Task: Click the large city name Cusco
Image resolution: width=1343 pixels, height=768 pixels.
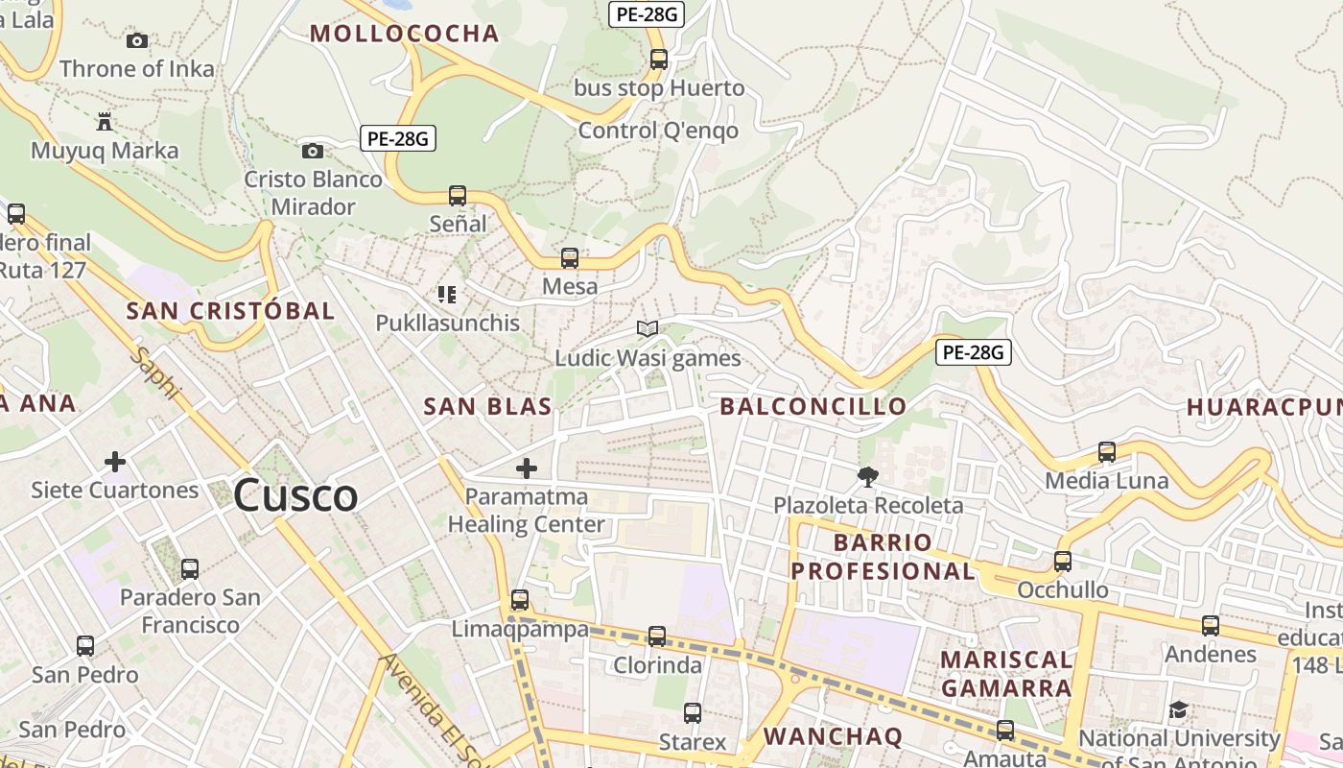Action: [295, 495]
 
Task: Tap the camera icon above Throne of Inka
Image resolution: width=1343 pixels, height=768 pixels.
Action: [137, 40]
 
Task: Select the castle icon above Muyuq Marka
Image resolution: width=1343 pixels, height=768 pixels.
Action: [105, 122]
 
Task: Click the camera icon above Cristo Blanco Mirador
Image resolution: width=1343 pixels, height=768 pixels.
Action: [312, 151]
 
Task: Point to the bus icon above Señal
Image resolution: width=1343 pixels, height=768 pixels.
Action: [458, 196]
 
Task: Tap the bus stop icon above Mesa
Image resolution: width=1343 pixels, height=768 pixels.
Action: [570, 258]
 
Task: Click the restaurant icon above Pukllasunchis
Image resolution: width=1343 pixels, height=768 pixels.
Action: [447, 294]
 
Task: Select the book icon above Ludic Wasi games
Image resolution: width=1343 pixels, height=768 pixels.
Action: [648, 329]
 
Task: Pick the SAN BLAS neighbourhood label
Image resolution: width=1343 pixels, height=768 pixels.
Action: [487, 406]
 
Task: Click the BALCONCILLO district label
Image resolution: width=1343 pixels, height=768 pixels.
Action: [813, 406]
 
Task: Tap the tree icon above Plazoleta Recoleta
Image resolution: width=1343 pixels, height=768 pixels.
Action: [867, 476]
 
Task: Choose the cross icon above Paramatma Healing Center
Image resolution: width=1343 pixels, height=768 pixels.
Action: [527, 468]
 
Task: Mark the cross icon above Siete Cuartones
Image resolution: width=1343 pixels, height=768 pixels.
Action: [115, 462]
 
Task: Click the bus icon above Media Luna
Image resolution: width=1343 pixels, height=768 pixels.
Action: [1107, 452]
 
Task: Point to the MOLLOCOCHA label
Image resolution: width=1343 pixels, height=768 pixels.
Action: [404, 34]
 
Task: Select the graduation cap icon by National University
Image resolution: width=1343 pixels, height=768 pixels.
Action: [1178, 710]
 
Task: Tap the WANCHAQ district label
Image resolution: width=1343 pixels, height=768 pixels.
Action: [833, 736]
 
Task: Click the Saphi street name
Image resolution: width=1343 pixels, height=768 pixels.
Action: [155, 373]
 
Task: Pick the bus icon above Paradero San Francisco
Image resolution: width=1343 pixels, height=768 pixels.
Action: [190, 569]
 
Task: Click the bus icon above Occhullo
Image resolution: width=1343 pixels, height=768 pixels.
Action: [1063, 562]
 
